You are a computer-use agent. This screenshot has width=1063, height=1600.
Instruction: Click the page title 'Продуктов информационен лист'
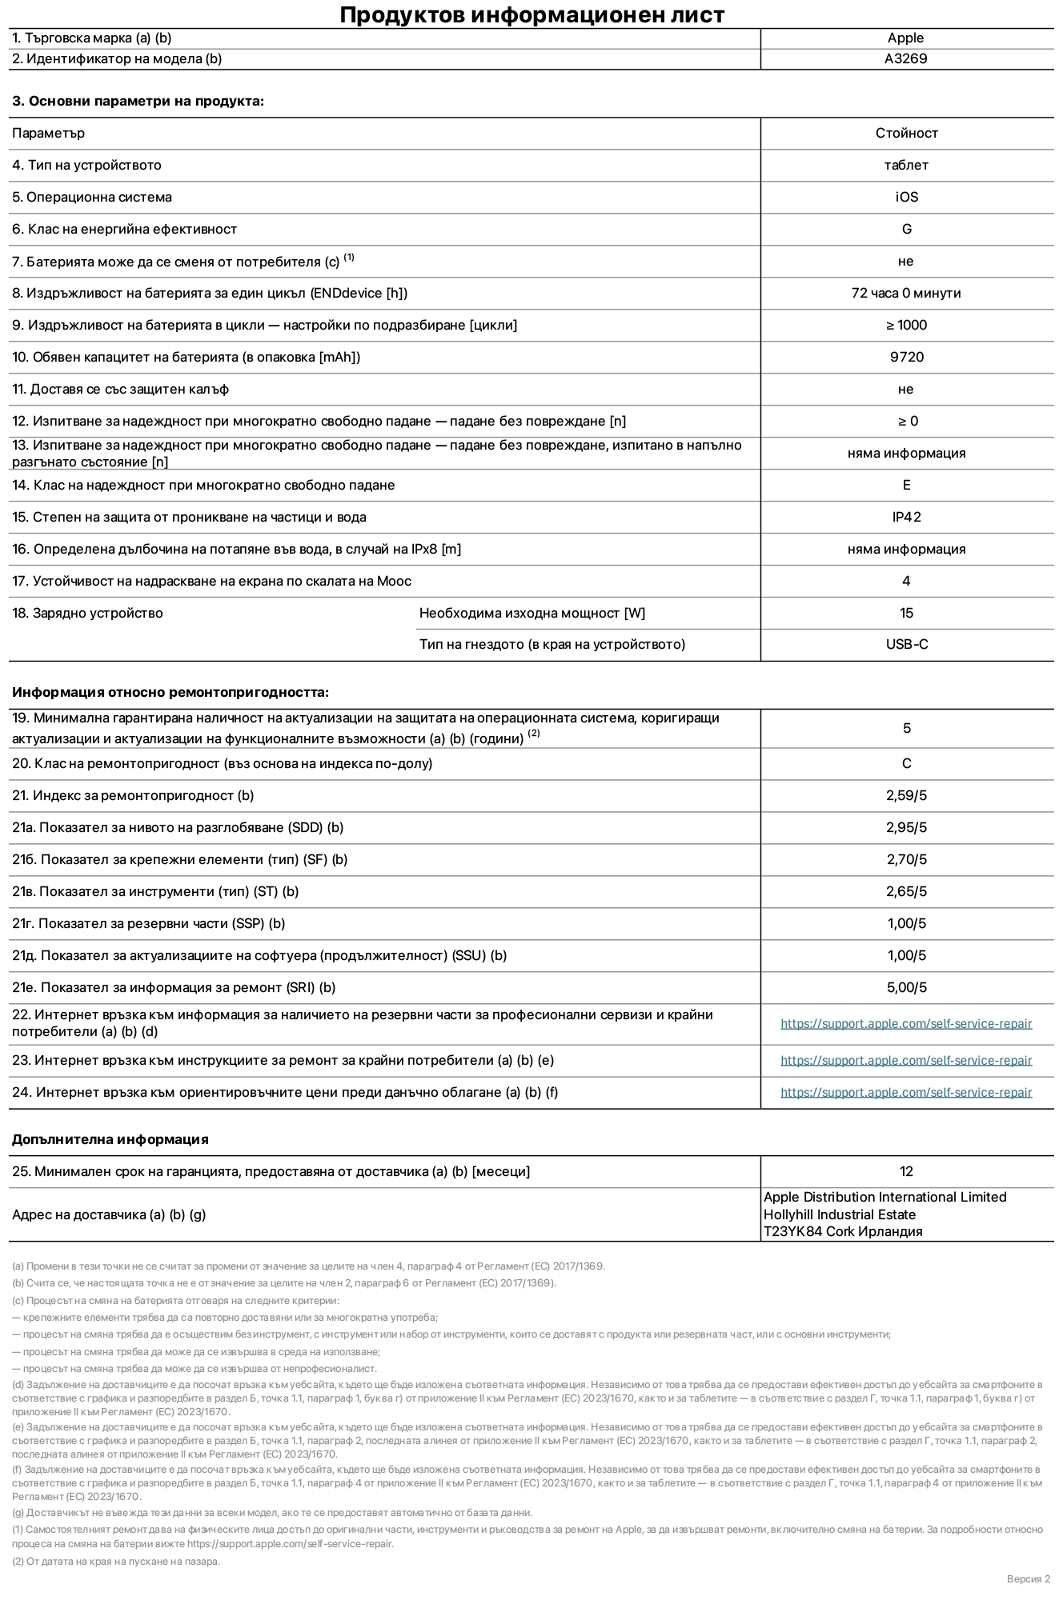tap(531, 15)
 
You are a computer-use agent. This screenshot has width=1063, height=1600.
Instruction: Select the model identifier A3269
tap(905, 58)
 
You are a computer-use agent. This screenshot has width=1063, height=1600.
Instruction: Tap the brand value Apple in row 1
tap(905, 38)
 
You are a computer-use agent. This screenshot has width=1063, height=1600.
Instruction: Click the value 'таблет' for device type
tap(906, 165)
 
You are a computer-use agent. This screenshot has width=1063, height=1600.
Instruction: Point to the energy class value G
tap(906, 229)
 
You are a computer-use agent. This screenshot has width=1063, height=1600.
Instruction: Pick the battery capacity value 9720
tap(906, 357)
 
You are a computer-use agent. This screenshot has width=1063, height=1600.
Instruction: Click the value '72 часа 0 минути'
tap(906, 293)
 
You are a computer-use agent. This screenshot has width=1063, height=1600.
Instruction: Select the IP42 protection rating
tap(906, 517)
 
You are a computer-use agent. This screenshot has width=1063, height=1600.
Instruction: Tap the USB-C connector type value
tap(906, 644)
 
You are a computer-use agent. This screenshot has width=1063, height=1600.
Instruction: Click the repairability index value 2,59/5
tap(906, 795)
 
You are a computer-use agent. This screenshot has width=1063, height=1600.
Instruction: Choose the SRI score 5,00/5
tap(906, 987)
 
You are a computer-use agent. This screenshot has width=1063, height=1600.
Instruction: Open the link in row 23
tap(906, 1061)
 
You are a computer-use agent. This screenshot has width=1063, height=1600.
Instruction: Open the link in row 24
tap(906, 1093)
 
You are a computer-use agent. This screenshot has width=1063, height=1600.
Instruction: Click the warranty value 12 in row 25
tap(906, 1171)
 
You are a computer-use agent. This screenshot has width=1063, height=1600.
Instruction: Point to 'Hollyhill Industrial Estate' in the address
tap(839, 1214)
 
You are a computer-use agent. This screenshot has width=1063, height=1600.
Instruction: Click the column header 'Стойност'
tap(906, 133)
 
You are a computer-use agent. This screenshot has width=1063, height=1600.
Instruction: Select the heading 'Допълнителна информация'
tap(110, 1139)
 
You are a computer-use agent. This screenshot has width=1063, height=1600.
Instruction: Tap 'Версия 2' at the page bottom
tap(1028, 1578)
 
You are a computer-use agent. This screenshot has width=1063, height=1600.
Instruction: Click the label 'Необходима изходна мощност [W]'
tap(531, 613)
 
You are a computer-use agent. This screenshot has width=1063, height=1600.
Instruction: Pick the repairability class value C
tap(906, 763)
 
